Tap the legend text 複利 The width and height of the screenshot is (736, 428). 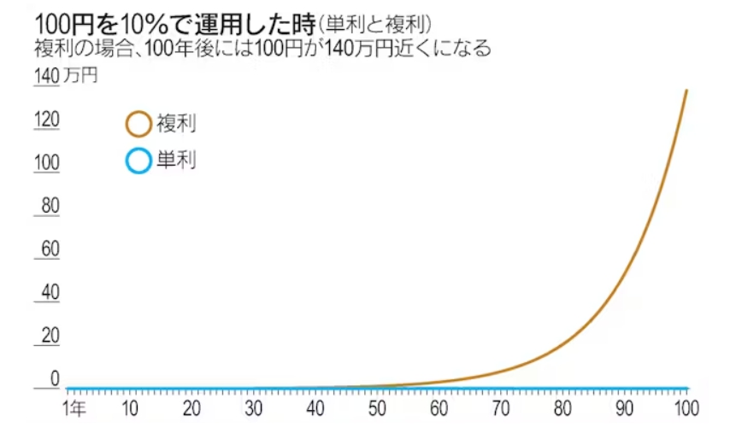pos(176,125)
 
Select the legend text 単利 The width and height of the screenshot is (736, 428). pos(176,161)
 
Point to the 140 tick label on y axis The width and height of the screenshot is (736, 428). pos(45,76)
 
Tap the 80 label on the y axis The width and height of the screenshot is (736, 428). pos(49,206)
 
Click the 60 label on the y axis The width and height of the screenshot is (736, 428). pos(49,249)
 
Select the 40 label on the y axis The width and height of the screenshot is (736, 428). pos(49,292)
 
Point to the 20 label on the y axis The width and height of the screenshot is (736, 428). pos(49,336)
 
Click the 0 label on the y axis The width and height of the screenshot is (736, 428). pos(54,378)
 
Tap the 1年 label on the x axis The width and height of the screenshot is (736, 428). pos(74,407)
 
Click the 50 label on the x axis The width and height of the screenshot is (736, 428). pos(377,407)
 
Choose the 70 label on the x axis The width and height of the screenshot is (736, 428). pos(501,407)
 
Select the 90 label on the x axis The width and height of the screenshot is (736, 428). pos(626,407)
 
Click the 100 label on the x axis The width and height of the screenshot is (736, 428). pos(686,407)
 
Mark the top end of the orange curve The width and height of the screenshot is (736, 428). pos(686,90)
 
